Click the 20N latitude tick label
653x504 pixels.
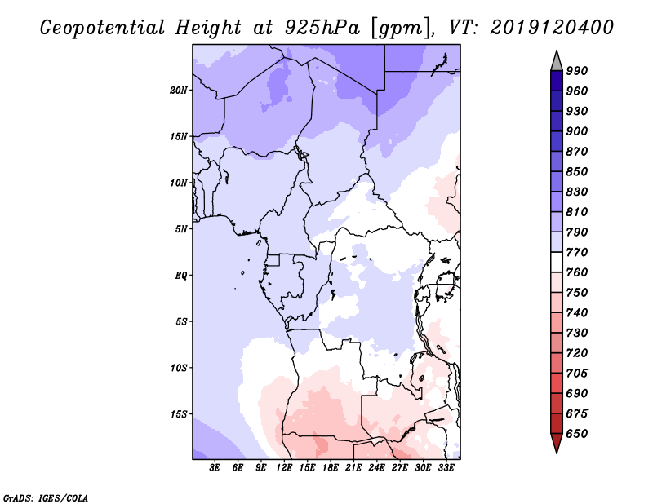pos(180,90)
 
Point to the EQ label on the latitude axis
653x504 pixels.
pos(181,275)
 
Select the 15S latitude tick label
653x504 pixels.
pos(180,413)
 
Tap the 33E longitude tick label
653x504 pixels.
pos(446,468)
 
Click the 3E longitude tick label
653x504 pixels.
pos(215,468)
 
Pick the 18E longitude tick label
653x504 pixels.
pos(331,468)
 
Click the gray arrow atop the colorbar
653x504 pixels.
pos(556,60)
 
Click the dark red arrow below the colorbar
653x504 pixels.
pos(556,444)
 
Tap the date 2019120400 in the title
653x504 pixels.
pos(552,28)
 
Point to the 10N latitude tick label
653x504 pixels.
pos(180,183)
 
